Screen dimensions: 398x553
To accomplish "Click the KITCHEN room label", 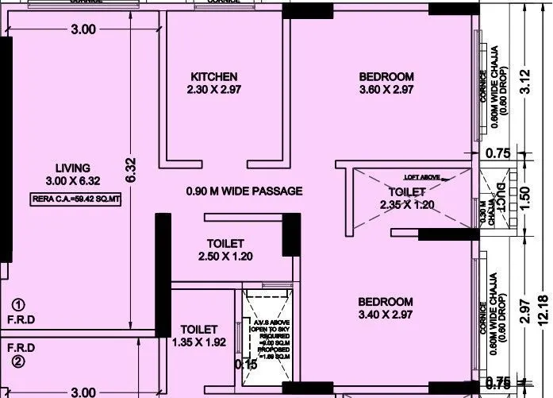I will pos(213,77).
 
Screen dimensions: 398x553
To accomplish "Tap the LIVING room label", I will pos(73,168).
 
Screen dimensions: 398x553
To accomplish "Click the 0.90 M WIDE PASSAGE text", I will pos(244,191).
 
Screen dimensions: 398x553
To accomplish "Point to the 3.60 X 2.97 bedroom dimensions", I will pos(386,91).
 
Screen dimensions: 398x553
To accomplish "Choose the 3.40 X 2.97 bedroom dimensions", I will pos(386,315).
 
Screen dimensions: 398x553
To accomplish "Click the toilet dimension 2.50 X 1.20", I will pos(225,257).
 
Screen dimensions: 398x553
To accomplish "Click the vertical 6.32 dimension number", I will pos(132,169).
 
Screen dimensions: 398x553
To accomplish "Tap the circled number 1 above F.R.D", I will pos(18,304).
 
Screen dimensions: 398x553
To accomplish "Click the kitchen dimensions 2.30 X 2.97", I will pos(213,91).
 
